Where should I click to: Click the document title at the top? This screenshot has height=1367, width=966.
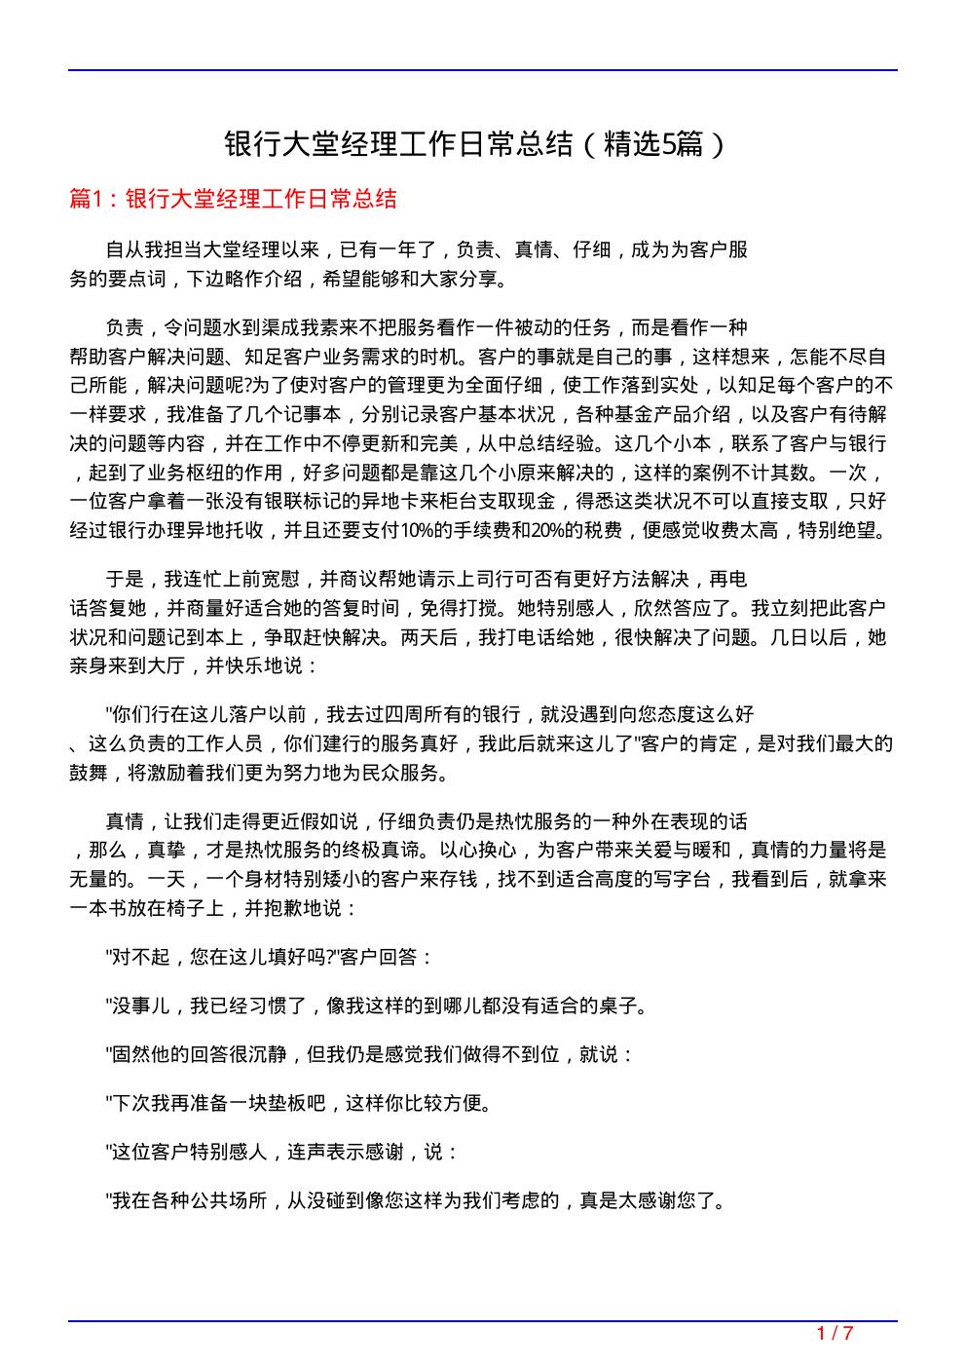475,145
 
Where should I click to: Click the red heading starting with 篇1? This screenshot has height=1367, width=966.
234,200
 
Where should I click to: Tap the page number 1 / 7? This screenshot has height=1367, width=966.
835,1333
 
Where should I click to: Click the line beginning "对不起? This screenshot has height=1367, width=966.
270,957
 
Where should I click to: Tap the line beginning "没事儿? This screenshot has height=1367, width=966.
377,1006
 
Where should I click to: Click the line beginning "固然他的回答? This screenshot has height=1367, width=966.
370,1054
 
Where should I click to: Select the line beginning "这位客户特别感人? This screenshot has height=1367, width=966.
282,1152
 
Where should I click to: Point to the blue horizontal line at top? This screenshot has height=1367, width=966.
483,70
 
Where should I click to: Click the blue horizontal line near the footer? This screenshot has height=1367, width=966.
483,1321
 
